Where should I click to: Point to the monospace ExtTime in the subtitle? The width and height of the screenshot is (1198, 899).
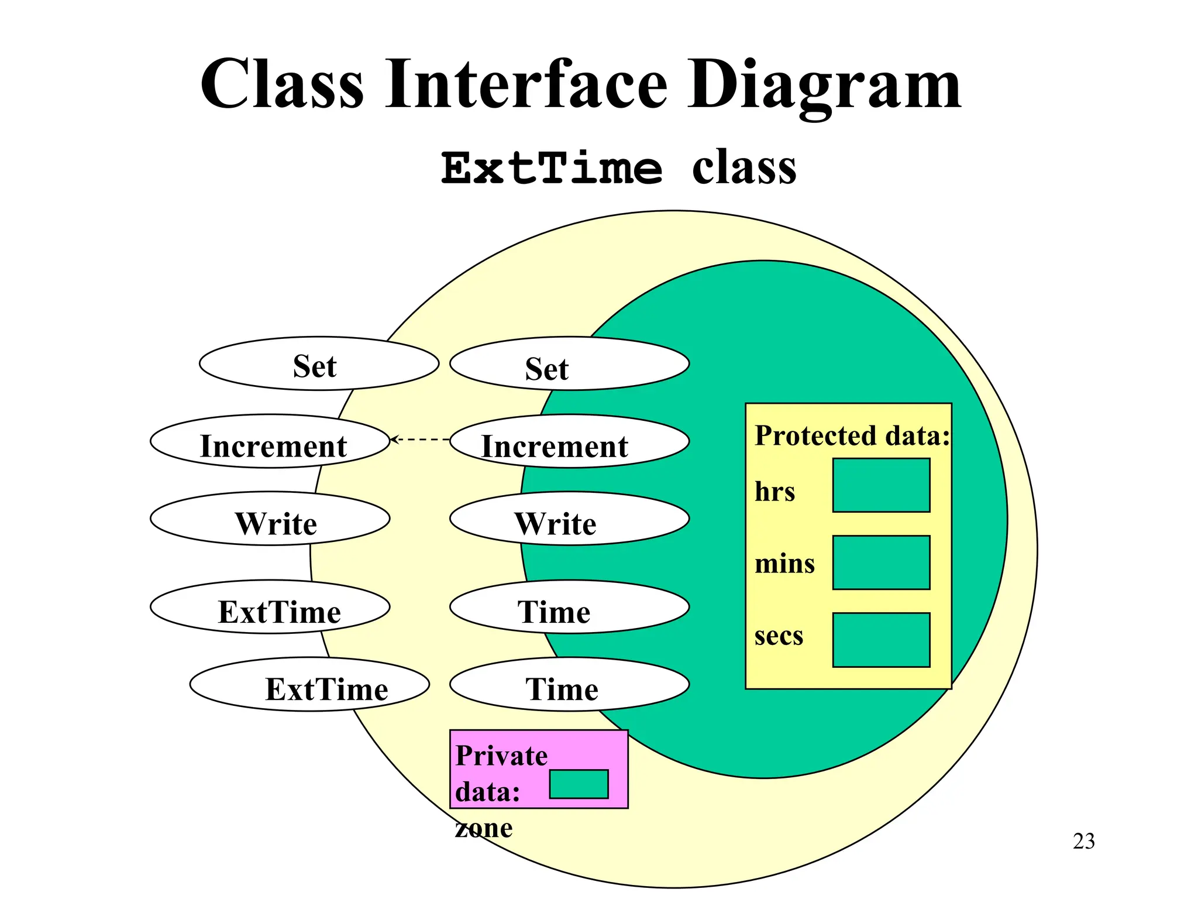[552, 169]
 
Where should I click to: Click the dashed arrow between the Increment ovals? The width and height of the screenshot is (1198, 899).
[419, 439]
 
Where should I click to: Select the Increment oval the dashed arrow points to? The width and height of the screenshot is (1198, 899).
[270, 441]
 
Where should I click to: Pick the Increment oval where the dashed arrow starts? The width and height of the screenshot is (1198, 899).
[569, 441]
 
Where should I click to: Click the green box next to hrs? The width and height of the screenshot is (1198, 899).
[881, 485]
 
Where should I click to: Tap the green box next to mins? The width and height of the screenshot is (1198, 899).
[881, 562]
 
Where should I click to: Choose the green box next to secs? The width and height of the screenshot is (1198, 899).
[881, 640]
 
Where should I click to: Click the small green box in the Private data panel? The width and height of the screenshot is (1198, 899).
[579, 784]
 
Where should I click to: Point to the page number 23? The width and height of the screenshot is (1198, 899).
[1083, 841]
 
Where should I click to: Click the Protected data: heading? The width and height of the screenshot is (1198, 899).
[852, 435]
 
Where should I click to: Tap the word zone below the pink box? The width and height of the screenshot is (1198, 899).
[484, 828]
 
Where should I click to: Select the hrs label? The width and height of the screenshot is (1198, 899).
[774, 492]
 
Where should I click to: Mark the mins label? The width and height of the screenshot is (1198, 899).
[784, 564]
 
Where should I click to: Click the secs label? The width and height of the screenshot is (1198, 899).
[779, 636]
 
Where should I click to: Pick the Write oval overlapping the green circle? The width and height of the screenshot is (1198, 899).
[569, 519]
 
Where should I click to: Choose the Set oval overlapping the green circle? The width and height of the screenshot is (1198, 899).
[569, 363]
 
